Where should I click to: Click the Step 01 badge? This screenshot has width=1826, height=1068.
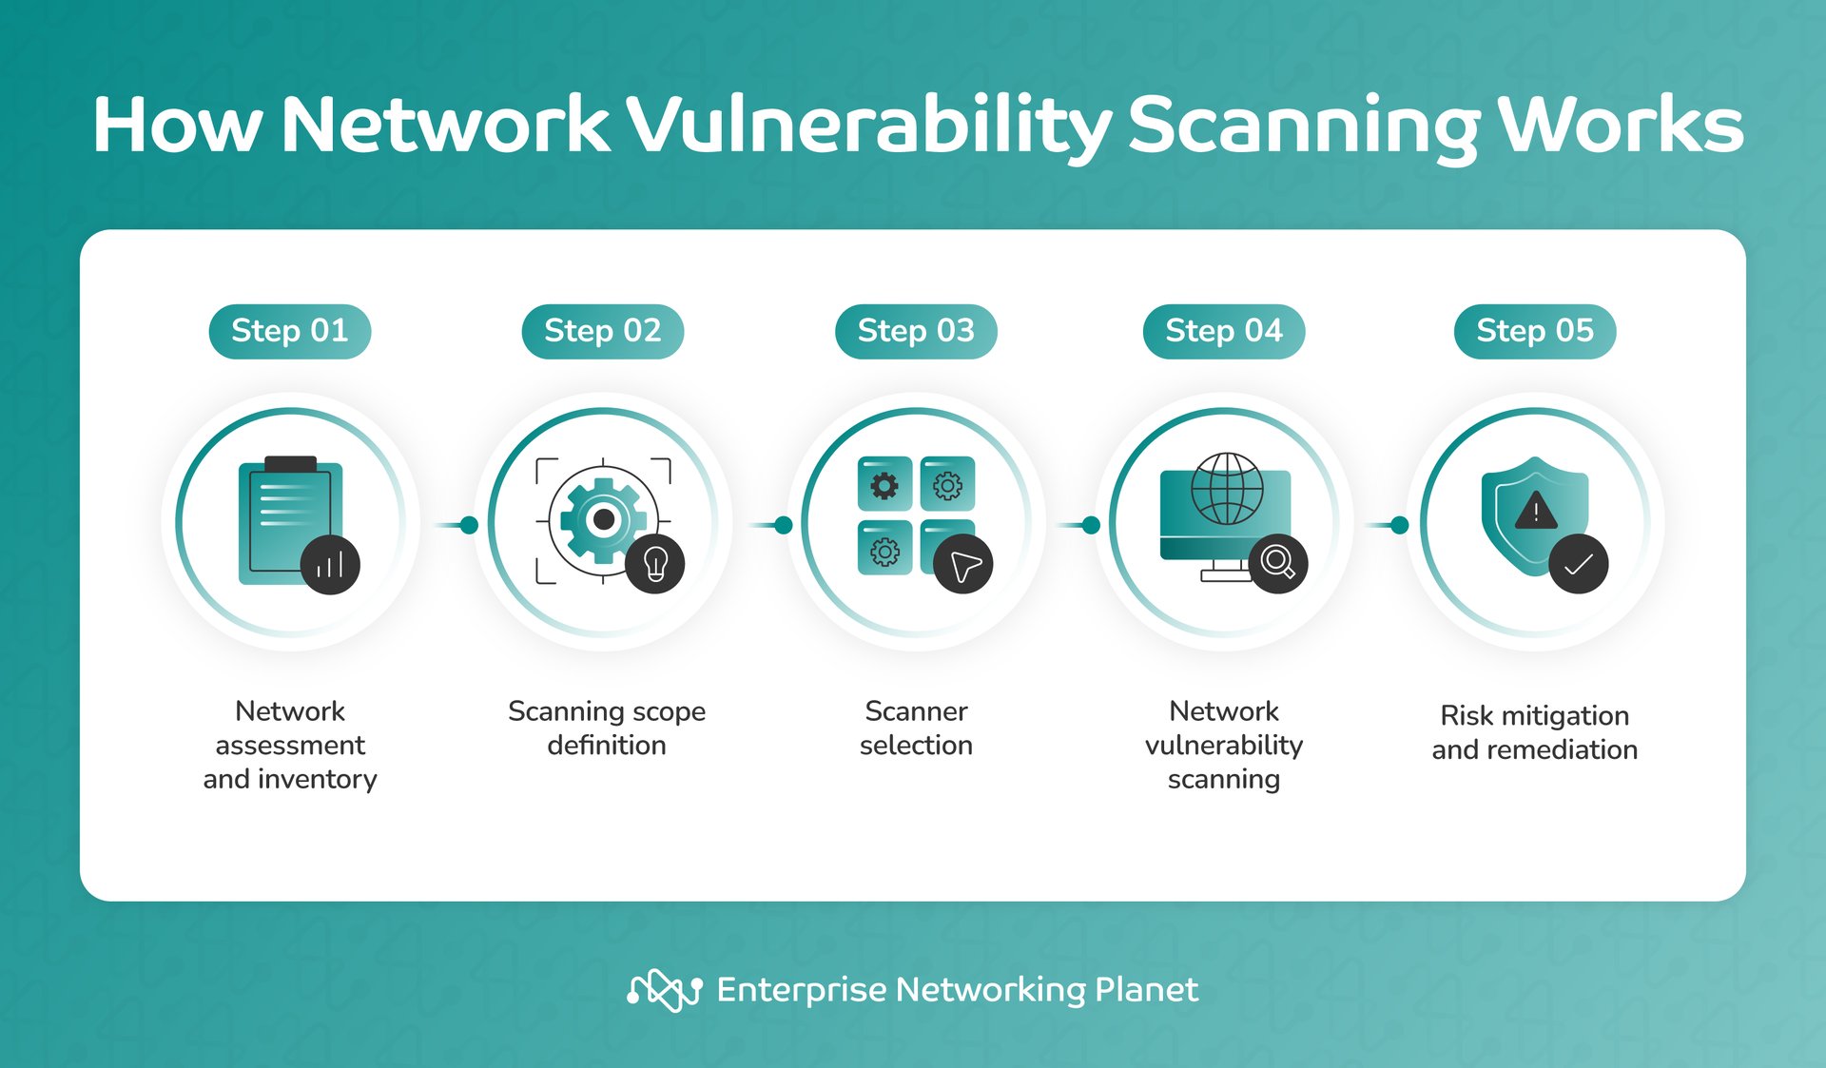[x=290, y=331]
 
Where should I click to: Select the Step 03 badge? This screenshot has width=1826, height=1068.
[x=916, y=331]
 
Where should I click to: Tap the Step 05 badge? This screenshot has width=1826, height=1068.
[x=1535, y=331]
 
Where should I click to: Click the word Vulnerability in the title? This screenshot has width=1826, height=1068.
[x=867, y=126]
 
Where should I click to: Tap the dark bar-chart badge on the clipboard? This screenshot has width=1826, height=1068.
[x=330, y=565]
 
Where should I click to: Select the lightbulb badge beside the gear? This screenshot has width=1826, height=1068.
[x=655, y=564]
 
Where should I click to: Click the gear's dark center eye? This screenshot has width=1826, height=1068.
[x=603, y=519]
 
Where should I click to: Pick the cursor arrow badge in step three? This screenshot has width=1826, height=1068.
[x=963, y=564]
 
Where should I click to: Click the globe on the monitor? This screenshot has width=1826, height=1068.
[x=1227, y=489]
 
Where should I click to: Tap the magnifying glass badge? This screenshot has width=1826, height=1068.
[x=1278, y=564]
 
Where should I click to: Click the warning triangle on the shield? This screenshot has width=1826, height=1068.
[x=1535, y=512]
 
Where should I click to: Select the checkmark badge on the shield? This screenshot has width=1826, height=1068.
[x=1579, y=564]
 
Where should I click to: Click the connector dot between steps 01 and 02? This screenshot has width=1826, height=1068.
[x=469, y=525]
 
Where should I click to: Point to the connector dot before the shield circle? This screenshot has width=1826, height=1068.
[x=1399, y=525]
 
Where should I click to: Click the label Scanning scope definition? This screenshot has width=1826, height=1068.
[x=607, y=728]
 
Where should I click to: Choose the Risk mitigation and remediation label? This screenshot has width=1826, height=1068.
[x=1535, y=732]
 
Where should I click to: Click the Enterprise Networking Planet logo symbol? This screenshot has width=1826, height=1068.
[x=665, y=990]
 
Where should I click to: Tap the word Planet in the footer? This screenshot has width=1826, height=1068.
[x=1146, y=990]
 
